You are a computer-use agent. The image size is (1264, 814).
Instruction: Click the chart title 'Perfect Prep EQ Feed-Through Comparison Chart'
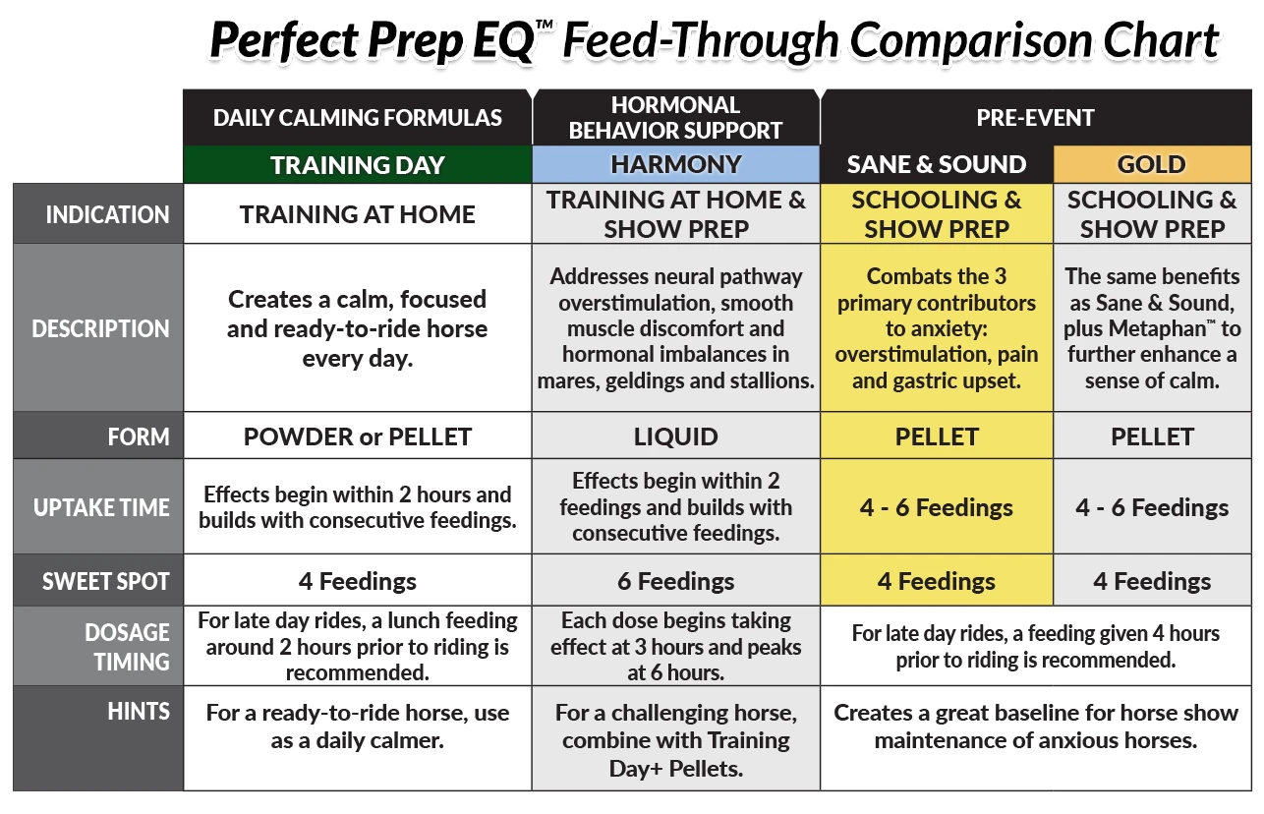715,40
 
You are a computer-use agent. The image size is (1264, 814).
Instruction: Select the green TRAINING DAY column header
357,165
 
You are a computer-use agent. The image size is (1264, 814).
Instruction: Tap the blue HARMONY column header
676,165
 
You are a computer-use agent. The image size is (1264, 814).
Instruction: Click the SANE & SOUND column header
937,165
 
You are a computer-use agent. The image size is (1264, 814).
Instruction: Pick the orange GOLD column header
1152,165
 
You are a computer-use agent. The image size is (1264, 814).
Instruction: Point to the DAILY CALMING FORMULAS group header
357,118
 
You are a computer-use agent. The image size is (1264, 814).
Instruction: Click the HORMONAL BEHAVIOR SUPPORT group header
676,118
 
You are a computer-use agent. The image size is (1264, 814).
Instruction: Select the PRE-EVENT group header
1036,118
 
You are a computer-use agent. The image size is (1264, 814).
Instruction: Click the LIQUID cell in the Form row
676,436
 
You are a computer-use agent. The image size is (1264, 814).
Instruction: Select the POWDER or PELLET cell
357,436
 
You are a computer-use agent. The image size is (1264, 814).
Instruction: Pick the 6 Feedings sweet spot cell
676,581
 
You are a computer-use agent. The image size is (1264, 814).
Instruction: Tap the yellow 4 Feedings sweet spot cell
937,581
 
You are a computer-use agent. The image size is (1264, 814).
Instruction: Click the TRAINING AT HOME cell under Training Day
357,214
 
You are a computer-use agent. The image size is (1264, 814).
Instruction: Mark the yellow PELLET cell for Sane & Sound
937,436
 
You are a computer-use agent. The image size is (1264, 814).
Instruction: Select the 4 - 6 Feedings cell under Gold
1152,507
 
